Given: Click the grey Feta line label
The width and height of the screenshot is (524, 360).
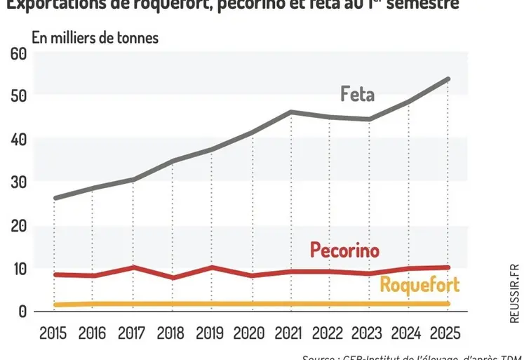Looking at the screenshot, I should [358, 94].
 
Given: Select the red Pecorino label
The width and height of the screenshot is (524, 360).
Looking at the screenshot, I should [344, 251].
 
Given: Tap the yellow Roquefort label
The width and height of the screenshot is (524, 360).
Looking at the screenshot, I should [419, 284].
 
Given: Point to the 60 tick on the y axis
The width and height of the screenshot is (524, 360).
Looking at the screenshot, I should [18, 53].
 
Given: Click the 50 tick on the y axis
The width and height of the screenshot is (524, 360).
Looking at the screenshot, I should [18, 95].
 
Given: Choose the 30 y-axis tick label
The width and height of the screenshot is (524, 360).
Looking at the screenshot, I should [18, 182].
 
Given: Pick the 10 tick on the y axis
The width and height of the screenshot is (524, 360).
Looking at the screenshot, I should [18, 268].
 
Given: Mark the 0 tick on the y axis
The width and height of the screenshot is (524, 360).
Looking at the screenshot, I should [22, 311].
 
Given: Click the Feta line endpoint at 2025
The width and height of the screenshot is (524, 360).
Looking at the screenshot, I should [448, 79].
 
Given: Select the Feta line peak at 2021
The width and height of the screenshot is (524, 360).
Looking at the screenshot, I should [290, 112].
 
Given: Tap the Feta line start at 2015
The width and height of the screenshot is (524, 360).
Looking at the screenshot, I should [55, 198].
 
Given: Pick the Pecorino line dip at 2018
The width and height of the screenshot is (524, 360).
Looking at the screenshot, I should [173, 278].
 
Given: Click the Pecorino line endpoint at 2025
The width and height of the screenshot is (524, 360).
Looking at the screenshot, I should [448, 267].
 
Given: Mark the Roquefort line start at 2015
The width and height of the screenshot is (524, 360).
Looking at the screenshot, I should [55, 305].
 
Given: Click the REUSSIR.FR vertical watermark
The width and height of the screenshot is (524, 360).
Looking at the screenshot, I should [514, 293].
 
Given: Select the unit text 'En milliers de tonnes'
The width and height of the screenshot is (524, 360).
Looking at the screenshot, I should [95, 37].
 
